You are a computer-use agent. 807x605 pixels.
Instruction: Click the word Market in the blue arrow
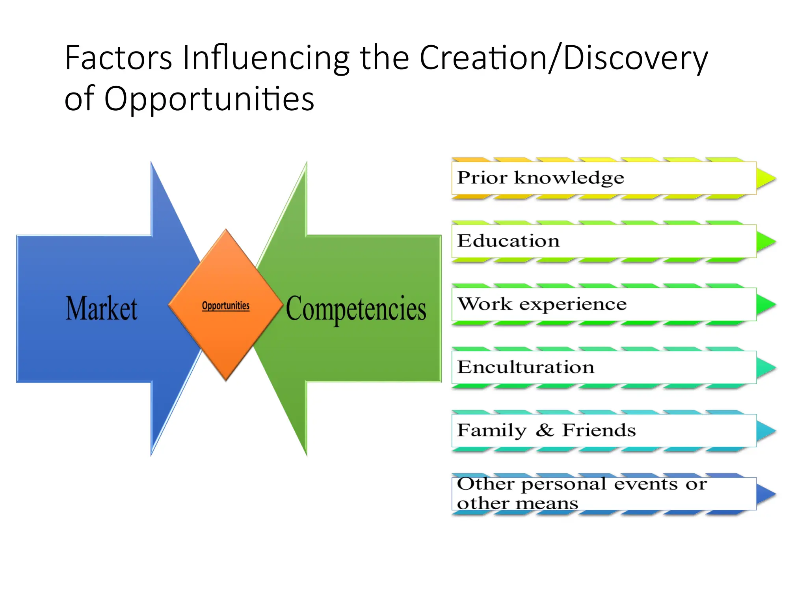[102, 308]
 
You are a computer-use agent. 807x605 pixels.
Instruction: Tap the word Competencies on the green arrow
[356, 309]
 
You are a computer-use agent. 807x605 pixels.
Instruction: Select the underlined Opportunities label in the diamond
[225, 306]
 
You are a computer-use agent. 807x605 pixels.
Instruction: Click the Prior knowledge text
[540, 178]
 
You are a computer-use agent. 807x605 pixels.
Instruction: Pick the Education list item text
[508, 241]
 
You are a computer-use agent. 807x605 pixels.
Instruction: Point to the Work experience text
[542, 304]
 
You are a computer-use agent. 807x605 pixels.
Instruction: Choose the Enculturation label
[525, 367]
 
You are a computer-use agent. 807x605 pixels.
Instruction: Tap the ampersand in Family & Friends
[545, 430]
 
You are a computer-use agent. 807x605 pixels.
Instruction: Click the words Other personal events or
[582, 484]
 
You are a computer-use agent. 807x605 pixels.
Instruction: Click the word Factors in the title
[118, 58]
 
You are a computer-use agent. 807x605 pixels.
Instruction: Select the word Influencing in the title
[266, 58]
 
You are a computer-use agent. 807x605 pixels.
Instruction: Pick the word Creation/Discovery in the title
[563, 58]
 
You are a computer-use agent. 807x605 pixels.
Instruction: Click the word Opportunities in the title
[209, 99]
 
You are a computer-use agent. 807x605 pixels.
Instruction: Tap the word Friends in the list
[599, 430]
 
